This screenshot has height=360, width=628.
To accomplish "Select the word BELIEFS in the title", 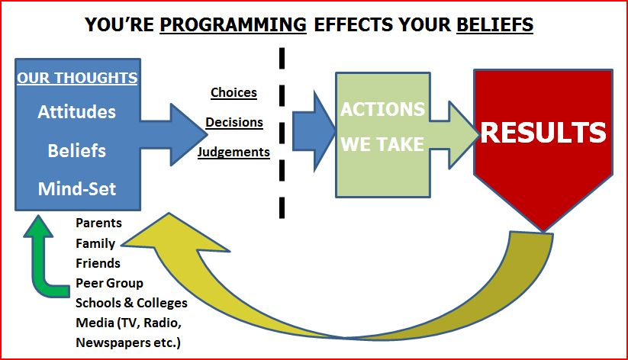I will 494,25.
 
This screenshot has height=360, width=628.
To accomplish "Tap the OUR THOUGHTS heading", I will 77,78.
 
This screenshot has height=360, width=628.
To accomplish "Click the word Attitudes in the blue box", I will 77,111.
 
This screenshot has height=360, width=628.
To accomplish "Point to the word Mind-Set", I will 77,188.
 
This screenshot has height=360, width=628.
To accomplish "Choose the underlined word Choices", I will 233,92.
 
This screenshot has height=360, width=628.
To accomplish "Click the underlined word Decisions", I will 234,122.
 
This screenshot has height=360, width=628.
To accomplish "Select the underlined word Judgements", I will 233,152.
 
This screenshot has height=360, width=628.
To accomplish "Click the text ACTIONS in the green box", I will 382,110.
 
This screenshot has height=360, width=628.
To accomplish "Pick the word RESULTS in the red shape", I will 543,133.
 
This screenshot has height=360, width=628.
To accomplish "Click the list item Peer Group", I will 109,283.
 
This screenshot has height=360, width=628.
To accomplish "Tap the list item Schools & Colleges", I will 131,303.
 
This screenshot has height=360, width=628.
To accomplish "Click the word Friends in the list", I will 98,263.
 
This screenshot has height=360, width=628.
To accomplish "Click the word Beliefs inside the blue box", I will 77,150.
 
